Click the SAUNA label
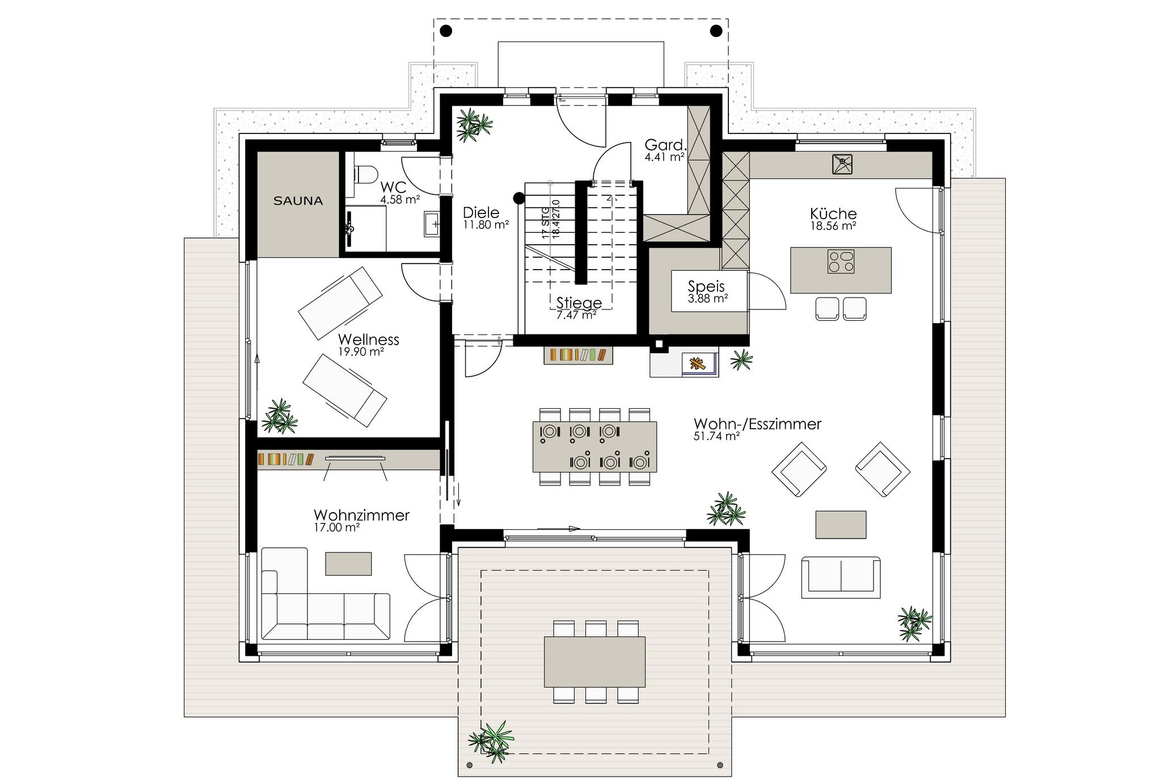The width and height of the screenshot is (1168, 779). click(x=298, y=200)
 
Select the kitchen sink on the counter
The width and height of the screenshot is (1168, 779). click(x=842, y=164)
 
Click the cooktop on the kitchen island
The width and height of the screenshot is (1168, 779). click(x=841, y=262)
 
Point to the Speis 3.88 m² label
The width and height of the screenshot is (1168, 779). click(x=708, y=292)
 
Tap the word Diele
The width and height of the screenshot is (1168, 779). click(x=481, y=213)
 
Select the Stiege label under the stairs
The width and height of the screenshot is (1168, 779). click(x=579, y=303)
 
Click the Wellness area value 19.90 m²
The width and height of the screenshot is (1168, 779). click(x=361, y=352)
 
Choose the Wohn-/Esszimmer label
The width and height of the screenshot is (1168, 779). click(x=757, y=424)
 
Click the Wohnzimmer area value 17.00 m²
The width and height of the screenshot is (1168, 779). click(x=336, y=527)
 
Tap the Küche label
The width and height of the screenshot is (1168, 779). click(x=833, y=214)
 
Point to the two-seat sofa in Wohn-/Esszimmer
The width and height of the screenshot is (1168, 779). click(x=841, y=577)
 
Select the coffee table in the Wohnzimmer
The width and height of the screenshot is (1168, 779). click(x=348, y=563)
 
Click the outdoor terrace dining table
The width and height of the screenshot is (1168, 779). click(x=594, y=661)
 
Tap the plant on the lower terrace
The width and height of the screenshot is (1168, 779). click(x=491, y=740)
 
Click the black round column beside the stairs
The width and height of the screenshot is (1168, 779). click(x=518, y=198)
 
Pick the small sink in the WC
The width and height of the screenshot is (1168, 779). click(x=432, y=224)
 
